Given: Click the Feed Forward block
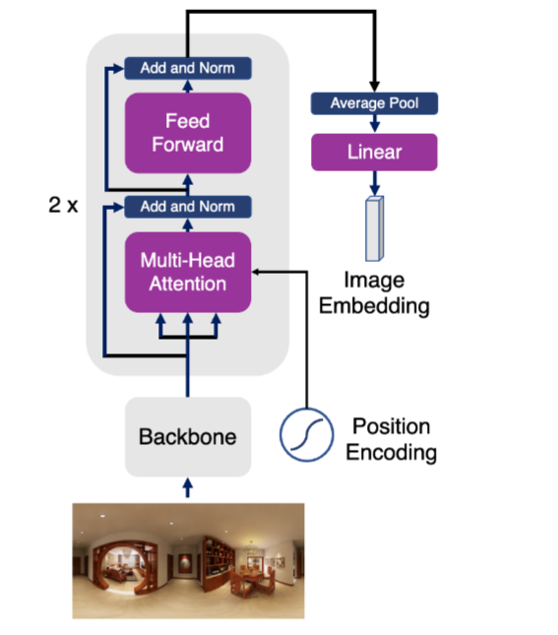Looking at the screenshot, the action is click(x=188, y=133).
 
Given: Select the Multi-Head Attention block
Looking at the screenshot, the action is click(x=188, y=272).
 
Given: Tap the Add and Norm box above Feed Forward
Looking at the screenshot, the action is click(x=188, y=68).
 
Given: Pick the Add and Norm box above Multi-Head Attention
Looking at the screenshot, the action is click(x=188, y=207).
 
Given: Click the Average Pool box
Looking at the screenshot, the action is click(x=374, y=103).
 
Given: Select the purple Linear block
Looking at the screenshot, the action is click(x=374, y=152).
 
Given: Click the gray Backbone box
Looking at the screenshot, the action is click(x=188, y=436).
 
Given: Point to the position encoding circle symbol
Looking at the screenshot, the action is click(x=306, y=434).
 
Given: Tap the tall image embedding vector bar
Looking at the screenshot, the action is click(x=375, y=228).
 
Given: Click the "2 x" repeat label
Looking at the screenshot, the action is click(x=63, y=205).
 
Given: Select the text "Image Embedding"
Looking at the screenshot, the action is click(x=374, y=292).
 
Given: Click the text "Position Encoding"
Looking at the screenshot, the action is click(x=391, y=439).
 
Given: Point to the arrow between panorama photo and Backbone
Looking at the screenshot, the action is click(x=188, y=487).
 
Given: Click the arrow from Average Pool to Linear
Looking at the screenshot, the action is click(x=375, y=123).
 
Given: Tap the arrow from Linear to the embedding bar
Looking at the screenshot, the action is click(x=375, y=183).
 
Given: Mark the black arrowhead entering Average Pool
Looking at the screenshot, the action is click(x=375, y=87).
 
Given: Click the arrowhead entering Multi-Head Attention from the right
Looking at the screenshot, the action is click(x=256, y=272).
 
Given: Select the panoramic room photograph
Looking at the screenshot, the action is click(x=188, y=561).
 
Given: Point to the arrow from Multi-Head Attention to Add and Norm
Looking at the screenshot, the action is click(x=188, y=225).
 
